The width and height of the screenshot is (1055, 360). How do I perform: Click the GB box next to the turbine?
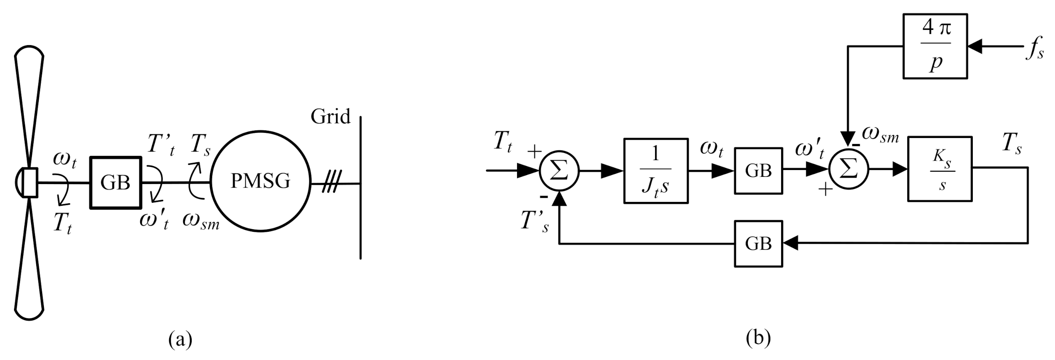(x=115, y=182)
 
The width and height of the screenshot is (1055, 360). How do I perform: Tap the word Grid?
(x=330, y=116)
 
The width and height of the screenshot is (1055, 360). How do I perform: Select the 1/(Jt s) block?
(x=655, y=170)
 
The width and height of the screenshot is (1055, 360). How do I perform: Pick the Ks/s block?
(x=940, y=169)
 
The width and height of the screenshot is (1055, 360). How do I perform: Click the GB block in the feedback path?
(x=758, y=244)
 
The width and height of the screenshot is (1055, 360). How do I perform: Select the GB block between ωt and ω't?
(x=758, y=171)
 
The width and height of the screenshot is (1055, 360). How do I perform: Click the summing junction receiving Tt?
(x=559, y=171)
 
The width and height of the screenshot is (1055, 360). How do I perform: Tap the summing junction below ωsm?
(x=848, y=170)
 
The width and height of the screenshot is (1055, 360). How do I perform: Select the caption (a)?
(x=180, y=340)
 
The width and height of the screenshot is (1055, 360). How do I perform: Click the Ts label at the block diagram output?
(x=1012, y=143)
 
